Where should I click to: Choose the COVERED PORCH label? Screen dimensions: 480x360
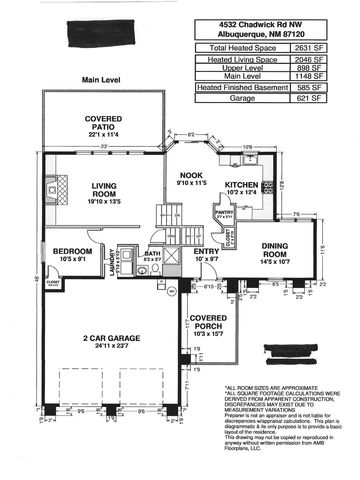pos(209,325)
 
